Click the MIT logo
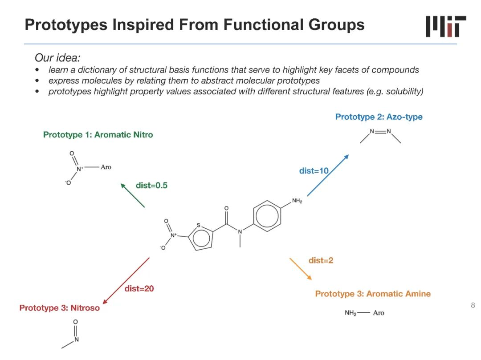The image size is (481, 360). coord(446,26)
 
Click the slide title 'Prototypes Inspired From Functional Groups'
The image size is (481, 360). coord(195,24)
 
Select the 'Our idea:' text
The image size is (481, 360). coord(57,58)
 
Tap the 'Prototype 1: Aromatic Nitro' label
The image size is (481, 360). coord(98,135)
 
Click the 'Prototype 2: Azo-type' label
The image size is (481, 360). coord(379,117)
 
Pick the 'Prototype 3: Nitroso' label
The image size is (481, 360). coord(60,308)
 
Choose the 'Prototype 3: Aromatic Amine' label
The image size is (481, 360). coord(373,294)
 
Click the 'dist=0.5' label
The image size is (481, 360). coord(151,186)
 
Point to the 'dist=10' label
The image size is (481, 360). coord(314,171)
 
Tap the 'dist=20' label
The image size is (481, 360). coord(139,288)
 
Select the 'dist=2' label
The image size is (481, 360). coord(321,260)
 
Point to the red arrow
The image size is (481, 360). coord(126,280)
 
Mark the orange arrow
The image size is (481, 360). coord(301,268)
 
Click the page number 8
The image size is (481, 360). coord(473,305)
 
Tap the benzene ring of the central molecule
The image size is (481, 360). coord(267,217)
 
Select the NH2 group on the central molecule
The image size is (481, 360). coord(297,202)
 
